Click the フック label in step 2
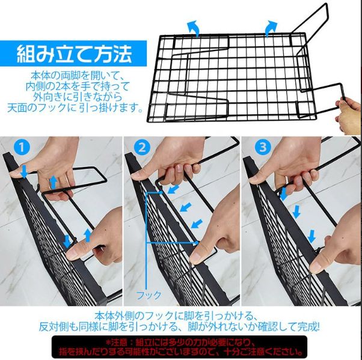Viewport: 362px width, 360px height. pyautogui.click(x=149, y=295)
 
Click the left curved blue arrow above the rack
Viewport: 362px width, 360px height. pyautogui.click(x=194, y=27)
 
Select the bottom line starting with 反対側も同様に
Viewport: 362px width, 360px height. pyautogui.click(x=180, y=328)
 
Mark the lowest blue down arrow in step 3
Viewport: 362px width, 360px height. pyautogui.click(x=311, y=236)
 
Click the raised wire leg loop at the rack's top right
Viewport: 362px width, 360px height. pyautogui.click(x=313, y=18)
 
